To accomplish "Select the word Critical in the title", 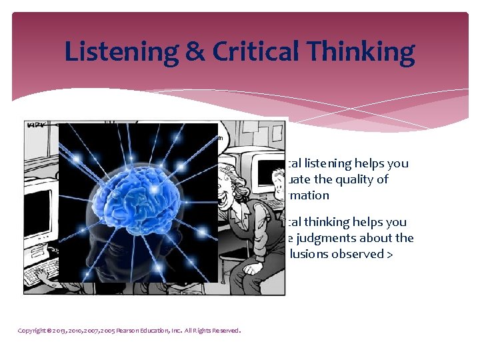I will tap(256, 51).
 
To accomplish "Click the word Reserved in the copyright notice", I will tap(223, 330).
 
